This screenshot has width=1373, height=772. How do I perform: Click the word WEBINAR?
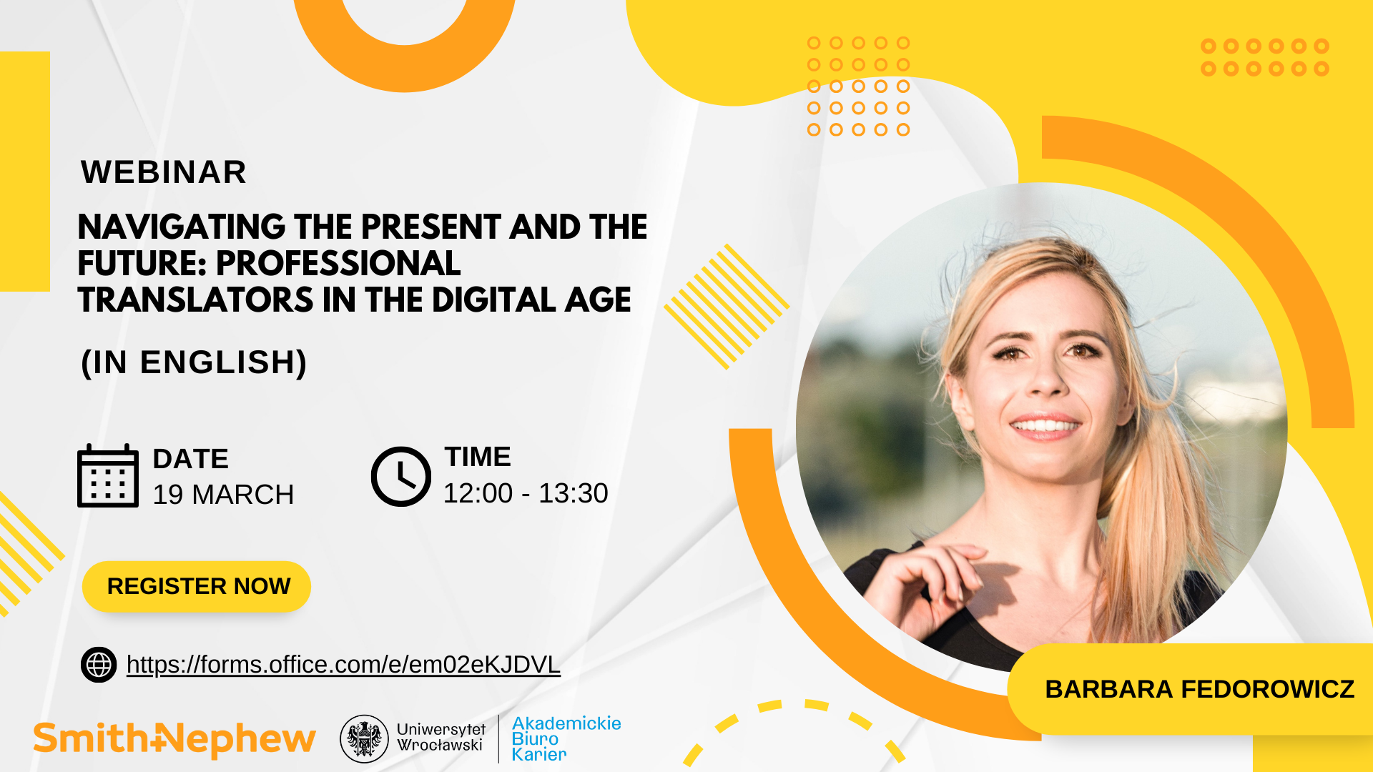tap(164, 172)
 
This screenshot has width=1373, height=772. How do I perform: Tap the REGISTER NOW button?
tap(197, 587)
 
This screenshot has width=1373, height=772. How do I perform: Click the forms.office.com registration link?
tap(343, 665)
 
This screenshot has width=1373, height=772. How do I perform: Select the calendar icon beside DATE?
tap(108, 475)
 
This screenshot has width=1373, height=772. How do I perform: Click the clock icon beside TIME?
tap(401, 477)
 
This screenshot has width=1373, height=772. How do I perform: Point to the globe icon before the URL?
tap(99, 665)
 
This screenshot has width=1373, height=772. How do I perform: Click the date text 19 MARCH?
tap(223, 495)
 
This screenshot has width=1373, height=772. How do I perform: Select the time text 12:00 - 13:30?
tap(526, 493)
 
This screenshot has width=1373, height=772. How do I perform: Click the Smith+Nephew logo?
tap(174, 740)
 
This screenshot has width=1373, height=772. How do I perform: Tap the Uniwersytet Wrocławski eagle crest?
tap(364, 739)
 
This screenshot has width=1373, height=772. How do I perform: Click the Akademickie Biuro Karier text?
tap(566, 739)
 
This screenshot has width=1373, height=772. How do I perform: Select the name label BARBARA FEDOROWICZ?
tap(1200, 689)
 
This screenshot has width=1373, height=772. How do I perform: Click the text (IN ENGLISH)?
tap(194, 362)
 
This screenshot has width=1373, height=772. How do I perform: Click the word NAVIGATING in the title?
tap(182, 227)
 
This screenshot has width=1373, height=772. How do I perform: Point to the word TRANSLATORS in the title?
tap(196, 300)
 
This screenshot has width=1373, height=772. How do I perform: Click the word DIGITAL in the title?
tap(494, 300)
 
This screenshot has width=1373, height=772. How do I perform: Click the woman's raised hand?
tap(922, 583)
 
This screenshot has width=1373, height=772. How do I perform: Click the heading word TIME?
tap(478, 457)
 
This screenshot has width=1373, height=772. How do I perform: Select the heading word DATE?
tap(191, 459)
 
